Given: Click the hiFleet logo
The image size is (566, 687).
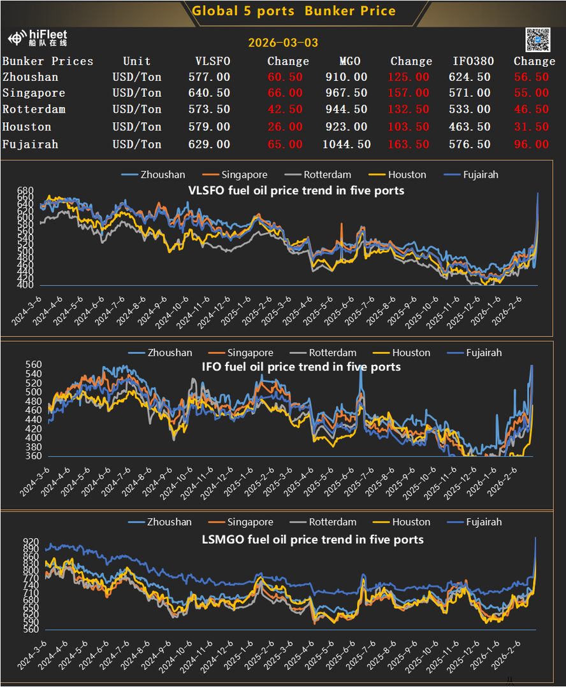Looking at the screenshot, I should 38,38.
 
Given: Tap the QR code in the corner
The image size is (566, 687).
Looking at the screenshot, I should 537,40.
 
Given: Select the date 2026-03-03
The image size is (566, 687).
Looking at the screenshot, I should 283,43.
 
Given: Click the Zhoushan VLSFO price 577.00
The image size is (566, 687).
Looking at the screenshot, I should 209,77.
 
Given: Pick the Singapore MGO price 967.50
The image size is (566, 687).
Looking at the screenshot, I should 346,93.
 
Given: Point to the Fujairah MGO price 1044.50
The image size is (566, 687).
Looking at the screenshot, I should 346,145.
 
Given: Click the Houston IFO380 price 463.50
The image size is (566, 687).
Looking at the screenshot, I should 472,127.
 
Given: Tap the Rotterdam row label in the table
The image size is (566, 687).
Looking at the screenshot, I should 34,110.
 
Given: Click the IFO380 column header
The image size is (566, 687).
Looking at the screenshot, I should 472,61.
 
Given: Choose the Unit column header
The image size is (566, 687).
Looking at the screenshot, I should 137,61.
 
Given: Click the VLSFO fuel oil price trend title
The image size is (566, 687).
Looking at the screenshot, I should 296,190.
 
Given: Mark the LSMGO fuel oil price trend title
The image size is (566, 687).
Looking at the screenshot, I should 312,539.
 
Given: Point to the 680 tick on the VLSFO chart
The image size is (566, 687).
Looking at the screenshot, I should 25,191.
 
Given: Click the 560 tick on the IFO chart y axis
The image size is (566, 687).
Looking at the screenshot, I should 34,365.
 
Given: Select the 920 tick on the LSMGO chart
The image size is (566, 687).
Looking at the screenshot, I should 31,542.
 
